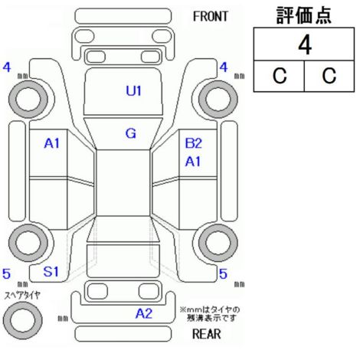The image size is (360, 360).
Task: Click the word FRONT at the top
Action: [x=210, y=17]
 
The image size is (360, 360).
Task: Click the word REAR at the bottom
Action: [x=206, y=334]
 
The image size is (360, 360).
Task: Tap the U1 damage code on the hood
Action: [x=133, y=90]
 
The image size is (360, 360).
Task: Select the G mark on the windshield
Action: [x=131, y=133]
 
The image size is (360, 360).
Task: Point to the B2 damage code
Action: [x=193, y=143]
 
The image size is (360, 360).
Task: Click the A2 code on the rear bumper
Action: [x=144, y=313]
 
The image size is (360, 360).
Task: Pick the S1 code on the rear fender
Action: [x=51, y=271]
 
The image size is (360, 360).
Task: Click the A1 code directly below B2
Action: [x=193, y=162]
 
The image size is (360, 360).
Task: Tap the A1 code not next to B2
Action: [x=51, y=143]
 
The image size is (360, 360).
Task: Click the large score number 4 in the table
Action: [x=305, y=45]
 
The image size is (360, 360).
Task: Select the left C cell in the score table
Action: [x=280, y=76]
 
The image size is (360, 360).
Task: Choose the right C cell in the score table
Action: [x=329, y=76]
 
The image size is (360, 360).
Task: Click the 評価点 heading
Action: [x=304, y=15]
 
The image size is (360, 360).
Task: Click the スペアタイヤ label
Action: [x=22, y=295]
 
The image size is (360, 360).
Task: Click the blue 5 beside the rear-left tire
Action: [x=6, y=273]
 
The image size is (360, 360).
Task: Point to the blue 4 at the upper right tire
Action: [x=224, y=67]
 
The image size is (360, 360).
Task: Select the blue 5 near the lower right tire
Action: [x=223, y=274]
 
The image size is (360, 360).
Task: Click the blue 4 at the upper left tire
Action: [x=7, y=67]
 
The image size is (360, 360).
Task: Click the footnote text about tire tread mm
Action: [x=210, y=314]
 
